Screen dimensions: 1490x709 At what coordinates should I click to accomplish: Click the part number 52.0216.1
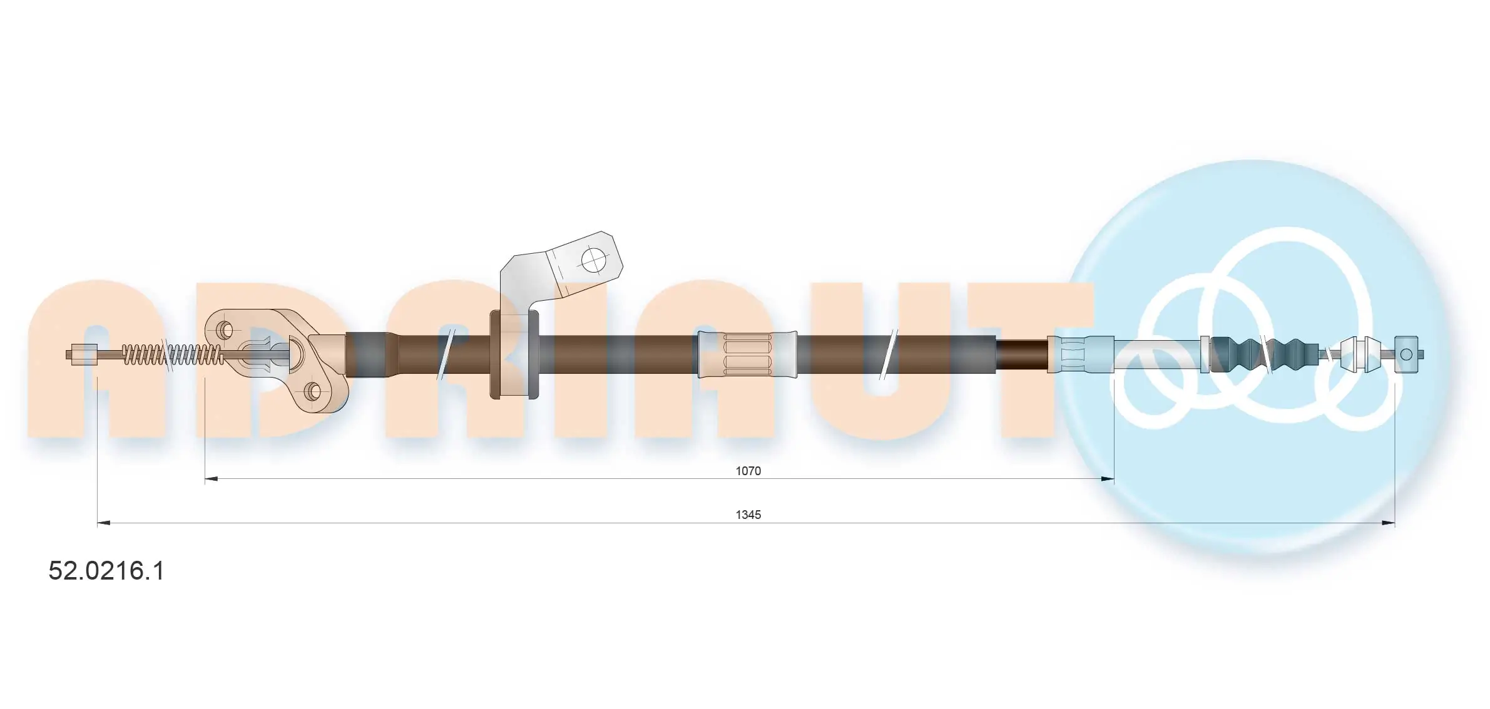tap(106, 571)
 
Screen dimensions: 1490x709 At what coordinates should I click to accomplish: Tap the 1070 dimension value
tap(748, 471)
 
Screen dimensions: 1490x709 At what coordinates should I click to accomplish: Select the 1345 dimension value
tap(748, 515)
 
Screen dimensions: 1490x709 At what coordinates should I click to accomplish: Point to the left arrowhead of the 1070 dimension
tap(212, 479)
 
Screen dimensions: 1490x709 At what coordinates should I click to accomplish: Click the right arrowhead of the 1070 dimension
tap(1108, 479)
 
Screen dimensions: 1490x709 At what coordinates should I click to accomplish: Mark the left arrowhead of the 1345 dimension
tap(104, 523)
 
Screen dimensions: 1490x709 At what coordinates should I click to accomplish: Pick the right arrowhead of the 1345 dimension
tap(1389, 523)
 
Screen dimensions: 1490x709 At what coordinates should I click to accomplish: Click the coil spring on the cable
tap(172, 354)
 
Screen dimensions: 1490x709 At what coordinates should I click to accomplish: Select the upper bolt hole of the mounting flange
tap(227, 329)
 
